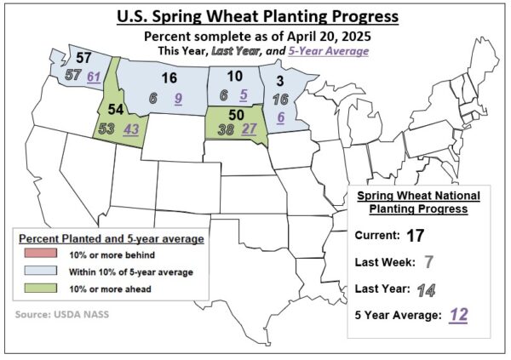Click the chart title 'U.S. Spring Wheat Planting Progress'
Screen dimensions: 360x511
point(255,17)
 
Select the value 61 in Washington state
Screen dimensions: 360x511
point(94,77)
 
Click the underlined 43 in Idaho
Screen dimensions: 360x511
point(132,129)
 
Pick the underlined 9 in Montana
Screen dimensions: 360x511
point(178,98)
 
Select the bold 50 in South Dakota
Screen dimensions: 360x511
point(238,113)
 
